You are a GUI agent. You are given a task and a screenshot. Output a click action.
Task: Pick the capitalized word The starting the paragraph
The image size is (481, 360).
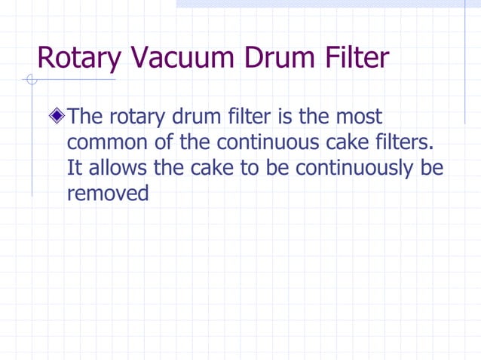click(x=85, y=117)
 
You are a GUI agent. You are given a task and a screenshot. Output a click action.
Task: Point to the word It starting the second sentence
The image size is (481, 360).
click(x=74, y=167)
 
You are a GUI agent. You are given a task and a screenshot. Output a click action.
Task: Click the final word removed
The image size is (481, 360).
click(x=108, y=193)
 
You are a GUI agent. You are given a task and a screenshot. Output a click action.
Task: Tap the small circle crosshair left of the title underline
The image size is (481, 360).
click(x=30, y=80)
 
